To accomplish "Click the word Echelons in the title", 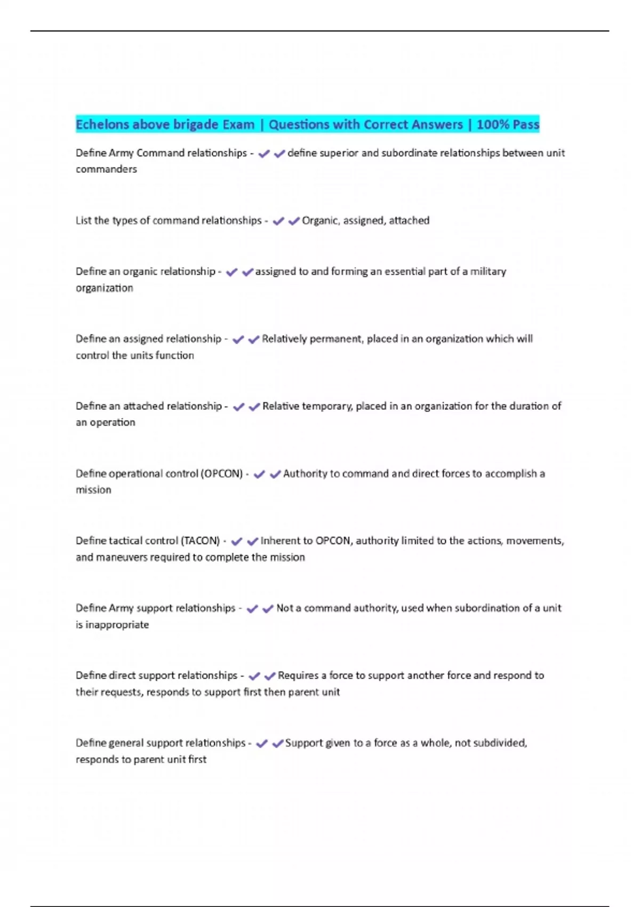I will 102,125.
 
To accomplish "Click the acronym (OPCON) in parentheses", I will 222,474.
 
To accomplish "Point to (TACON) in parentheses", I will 201,541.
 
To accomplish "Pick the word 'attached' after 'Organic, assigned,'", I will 409,220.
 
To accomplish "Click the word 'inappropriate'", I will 117,625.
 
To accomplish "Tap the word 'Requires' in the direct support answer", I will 298,675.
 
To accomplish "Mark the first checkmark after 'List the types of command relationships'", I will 278,221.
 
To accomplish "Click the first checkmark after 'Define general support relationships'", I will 261,743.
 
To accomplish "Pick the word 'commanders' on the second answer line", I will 106,169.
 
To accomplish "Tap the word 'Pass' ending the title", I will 526,125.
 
